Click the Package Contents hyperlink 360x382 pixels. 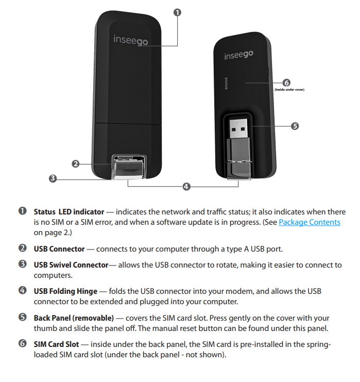click(310, 222)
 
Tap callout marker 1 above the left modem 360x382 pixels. click(178, 12)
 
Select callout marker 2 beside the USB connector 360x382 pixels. click(75, 164)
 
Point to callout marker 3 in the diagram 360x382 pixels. click(52, 179)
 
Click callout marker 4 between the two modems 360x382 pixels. click(186, 186)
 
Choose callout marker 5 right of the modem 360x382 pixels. click(295, 126)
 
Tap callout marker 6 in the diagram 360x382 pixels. click(286, 82)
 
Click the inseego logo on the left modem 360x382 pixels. click(130, 40)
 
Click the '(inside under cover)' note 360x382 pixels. click(289, 90)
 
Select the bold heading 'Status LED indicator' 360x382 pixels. click(68, 212)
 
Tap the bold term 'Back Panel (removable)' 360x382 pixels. click(74, 318)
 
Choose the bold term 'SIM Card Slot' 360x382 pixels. click(58, 345)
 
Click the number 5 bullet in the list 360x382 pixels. click(22, 318)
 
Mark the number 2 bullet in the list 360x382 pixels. click(22, 249)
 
